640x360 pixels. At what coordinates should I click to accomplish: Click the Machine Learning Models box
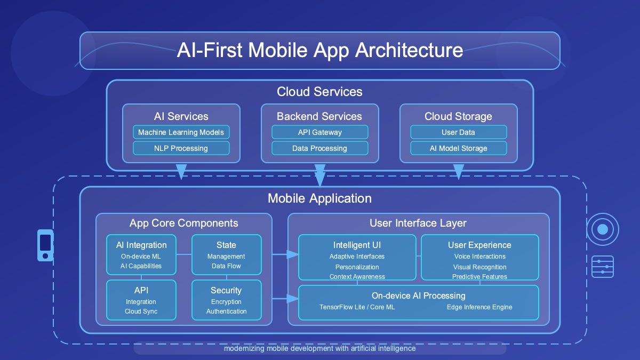(x=181, y=132)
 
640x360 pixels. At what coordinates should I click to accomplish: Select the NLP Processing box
(x=181, y=148)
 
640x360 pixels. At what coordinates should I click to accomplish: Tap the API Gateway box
(x=319, y=132)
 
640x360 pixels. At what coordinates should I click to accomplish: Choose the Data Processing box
(x=319, y=148)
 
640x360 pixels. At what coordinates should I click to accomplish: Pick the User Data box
(x=458, y=132)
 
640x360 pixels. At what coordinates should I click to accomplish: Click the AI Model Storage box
(x=458, y=148)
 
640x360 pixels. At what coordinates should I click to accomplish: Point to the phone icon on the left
(x=45, y=245)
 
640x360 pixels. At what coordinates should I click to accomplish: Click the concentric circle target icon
(x=603, y=229)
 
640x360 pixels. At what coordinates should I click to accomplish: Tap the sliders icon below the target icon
(x=603, y=266)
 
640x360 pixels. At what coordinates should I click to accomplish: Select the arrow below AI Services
(x=181, y=172)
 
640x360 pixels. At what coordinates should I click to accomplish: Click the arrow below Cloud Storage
(x=458, y=172)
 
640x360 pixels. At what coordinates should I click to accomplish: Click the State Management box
(x=226, y=255)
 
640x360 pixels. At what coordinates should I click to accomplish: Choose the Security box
(x=226, y=300)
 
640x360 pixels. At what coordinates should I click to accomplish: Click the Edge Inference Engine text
(x=479, y=307)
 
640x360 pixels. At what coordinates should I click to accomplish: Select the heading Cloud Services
(x=319, y=92)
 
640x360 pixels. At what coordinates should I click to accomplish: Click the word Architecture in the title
(x=409, y=50)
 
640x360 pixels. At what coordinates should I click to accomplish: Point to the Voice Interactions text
(x=479, y=257)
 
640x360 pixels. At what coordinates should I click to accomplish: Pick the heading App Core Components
(x=183, y=223)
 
